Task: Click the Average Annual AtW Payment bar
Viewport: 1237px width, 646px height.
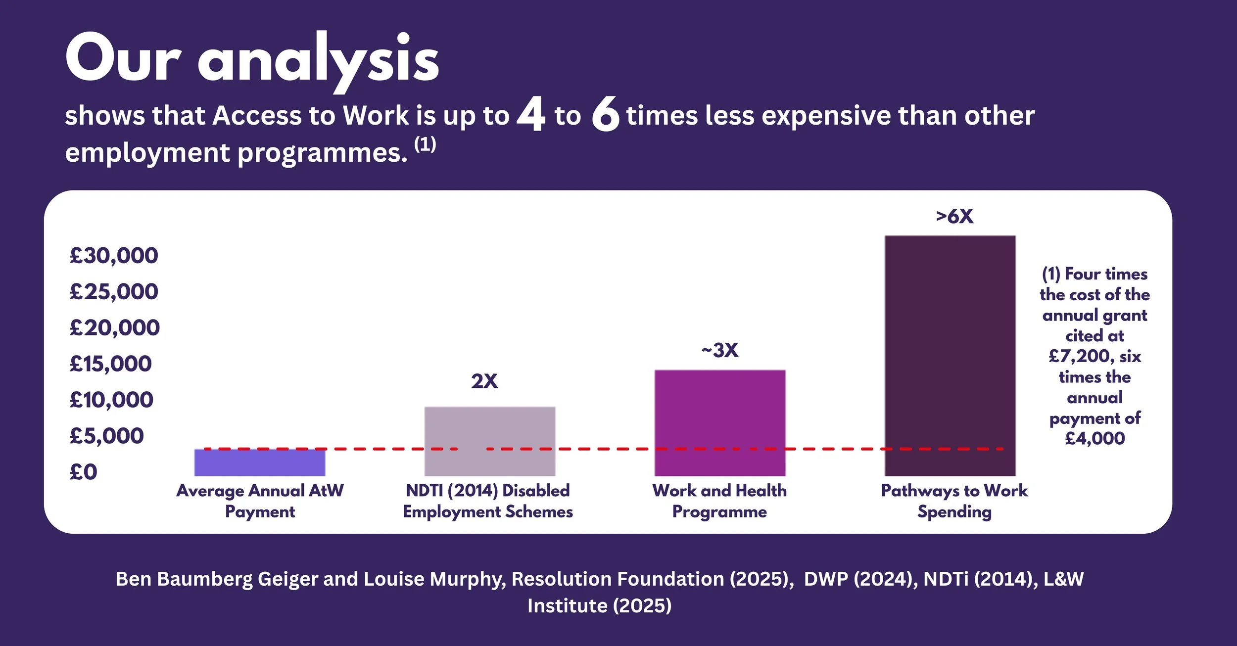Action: coord(259,462)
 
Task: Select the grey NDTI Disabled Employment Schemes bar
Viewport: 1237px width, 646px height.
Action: coord(489,441)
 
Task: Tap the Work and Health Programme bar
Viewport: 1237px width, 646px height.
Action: coord(719,423)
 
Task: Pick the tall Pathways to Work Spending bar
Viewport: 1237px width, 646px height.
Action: coord(950,356)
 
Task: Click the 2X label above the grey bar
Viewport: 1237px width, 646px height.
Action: coord(484,381)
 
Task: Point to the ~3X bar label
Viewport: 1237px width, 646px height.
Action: coord(719,351)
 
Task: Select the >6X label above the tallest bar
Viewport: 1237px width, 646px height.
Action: coord(954,217)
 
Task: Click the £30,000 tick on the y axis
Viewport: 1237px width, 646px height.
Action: coord(114,256)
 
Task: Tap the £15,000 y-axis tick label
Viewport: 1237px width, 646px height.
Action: coord(110,364)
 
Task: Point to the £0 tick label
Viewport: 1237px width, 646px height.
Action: coord(83,472)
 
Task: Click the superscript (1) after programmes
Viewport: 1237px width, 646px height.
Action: coord(425,144)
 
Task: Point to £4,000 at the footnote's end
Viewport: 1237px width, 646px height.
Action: coord(1094,439)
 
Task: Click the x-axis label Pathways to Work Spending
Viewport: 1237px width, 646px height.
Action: coord(954,501)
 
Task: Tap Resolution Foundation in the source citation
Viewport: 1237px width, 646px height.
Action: coord(618,579)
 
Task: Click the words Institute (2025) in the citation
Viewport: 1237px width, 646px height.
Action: coord(599,606)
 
